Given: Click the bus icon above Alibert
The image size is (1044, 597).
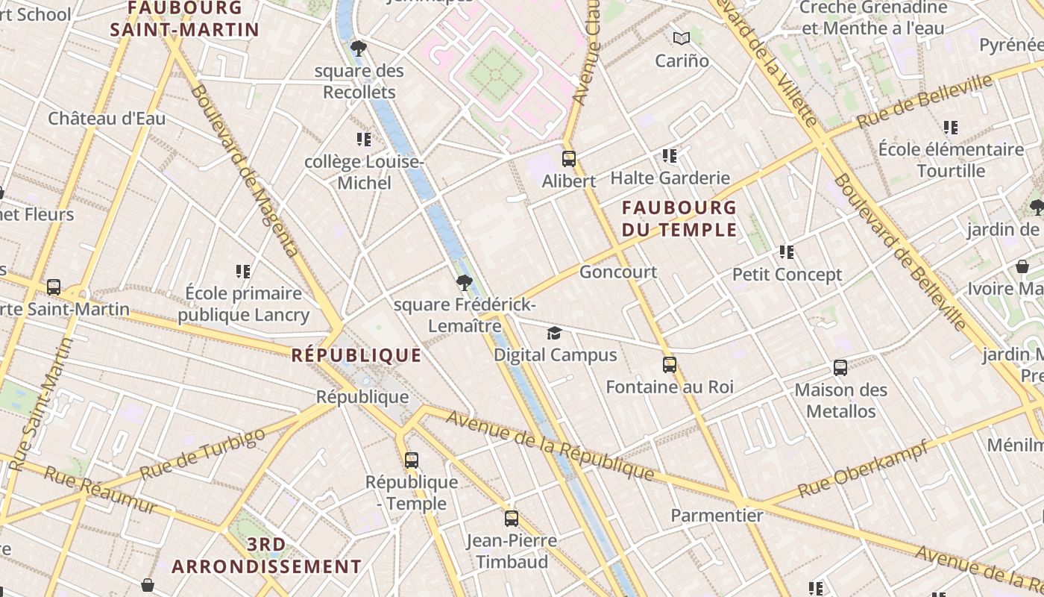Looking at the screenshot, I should pos(569,159).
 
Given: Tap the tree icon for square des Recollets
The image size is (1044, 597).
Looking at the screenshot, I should pos(359,49).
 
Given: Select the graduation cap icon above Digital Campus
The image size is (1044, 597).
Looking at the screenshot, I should pos(554,333).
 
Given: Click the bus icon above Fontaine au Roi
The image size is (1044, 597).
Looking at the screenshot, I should pos(670,365).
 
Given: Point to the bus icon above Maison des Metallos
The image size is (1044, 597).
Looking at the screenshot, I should pos(840,368).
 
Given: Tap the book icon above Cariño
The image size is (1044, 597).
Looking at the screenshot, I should pos(682,38).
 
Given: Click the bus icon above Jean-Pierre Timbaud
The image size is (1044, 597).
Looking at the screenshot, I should pos(512,518).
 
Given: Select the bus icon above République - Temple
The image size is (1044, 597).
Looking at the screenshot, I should pos(412,460).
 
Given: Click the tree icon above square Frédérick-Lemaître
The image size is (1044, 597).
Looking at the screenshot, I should pos(465,283).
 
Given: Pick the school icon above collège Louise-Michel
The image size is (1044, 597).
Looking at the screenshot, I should pos(364,140).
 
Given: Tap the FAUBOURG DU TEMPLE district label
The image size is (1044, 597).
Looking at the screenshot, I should pos(679,219).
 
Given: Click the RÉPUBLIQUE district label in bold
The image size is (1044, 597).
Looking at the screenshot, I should pos(356,355).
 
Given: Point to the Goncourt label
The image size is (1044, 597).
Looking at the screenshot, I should pos(618,272).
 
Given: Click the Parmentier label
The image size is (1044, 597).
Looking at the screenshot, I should pos(717,516).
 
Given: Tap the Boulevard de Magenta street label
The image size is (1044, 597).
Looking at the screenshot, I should pos(245,170).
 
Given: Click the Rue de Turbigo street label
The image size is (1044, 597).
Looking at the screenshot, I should pos(202,454).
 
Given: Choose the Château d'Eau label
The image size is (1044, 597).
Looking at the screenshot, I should pos(107,119).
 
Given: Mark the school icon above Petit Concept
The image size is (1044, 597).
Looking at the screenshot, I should pos(787,252).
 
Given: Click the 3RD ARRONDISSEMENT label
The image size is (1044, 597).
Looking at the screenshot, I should pos(266,556).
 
